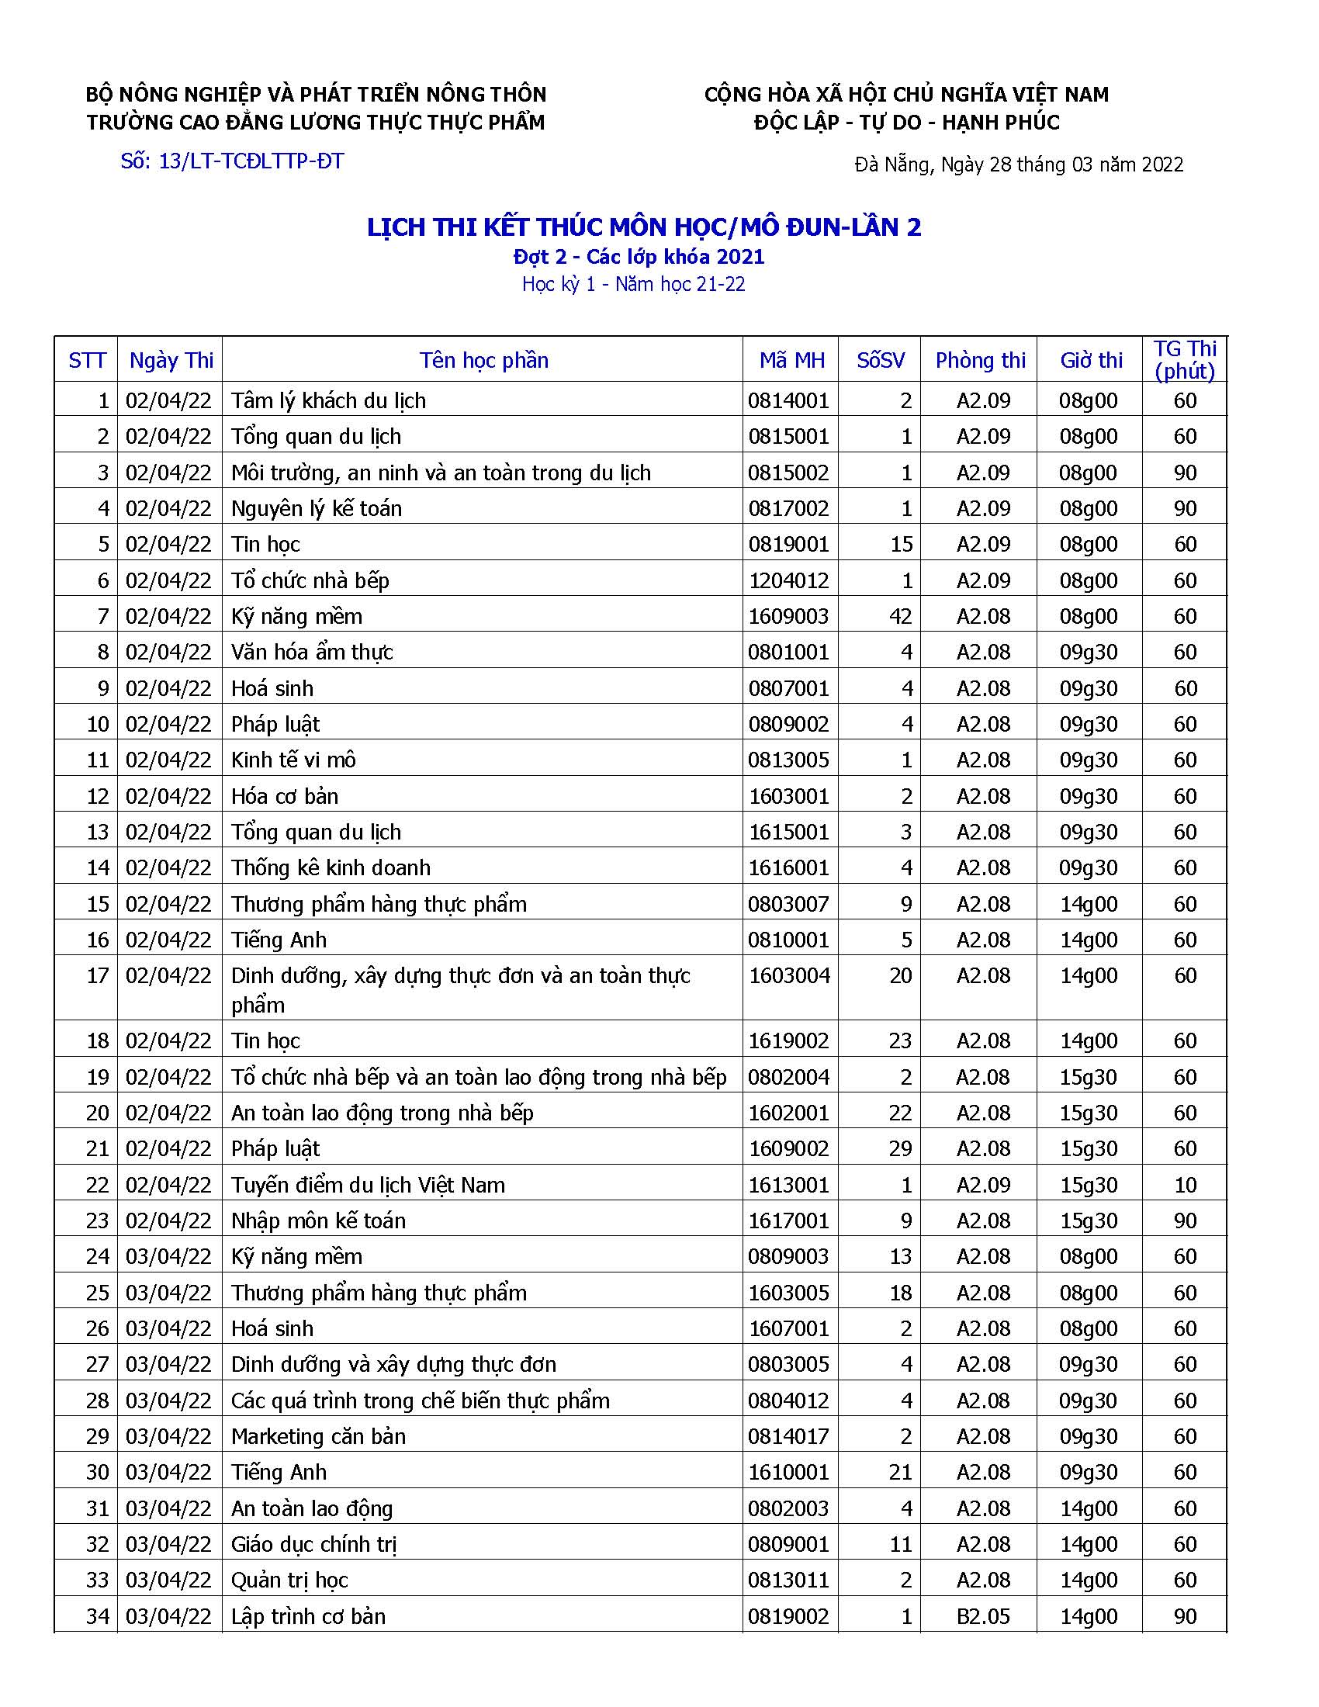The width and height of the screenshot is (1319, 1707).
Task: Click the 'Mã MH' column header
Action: pos(791,360)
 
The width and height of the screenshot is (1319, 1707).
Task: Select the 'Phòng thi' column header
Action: pos(980,360)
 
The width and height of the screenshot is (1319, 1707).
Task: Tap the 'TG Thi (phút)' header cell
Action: pos(1185,359)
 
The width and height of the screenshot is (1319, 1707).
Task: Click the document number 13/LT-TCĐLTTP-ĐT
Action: pos(232,162)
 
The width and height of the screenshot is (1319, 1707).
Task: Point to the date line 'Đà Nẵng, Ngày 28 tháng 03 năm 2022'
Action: pos(1019,165)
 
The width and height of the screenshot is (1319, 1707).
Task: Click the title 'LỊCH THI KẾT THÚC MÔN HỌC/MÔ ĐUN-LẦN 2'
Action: pos(644,227)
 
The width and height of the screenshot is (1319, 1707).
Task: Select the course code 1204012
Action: pos(788,580)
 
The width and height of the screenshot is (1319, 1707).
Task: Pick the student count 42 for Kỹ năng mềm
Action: pos(900,617)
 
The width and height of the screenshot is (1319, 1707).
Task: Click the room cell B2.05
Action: pos(983,1616)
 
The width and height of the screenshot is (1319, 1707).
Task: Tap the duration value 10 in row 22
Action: pos(1185,1185)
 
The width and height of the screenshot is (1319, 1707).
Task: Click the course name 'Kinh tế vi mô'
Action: pos(293,760)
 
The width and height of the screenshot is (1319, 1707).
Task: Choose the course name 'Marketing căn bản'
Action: pos(318,1436)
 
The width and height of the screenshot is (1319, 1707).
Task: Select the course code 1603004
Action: pos(789,975)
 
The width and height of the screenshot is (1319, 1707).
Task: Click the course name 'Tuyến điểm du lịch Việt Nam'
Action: pos(368,1185)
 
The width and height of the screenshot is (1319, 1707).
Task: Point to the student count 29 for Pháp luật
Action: pos(900,1149)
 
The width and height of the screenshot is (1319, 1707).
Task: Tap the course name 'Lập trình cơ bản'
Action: pos(308,1616)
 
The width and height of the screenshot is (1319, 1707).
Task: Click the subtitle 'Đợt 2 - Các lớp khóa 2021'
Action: pos(639,257)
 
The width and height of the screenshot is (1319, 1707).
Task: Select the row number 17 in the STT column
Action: pos(97,975)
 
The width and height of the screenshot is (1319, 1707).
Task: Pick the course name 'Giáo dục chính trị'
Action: pos(314,1544)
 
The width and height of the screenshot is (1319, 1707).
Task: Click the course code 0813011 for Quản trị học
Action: pos(788,1581)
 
